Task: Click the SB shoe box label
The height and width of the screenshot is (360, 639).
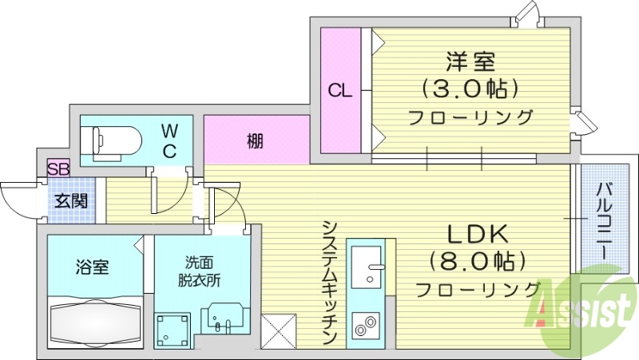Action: click(58, 168)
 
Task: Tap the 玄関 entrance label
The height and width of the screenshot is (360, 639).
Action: click(70, 201)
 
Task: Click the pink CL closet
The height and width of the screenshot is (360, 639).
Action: click(340, 90)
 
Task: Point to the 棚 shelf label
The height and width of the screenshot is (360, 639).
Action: click(255, 141)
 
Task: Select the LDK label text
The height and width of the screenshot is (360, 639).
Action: click(477, 234)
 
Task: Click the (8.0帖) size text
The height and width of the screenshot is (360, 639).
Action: click(478, 260)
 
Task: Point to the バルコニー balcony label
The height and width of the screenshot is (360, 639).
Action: click(604, 219)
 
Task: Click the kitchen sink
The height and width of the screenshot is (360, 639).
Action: click(367, 265)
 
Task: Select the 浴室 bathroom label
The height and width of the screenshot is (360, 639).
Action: click(92, 267)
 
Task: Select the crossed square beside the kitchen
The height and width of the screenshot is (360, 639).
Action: click(279, 329)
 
